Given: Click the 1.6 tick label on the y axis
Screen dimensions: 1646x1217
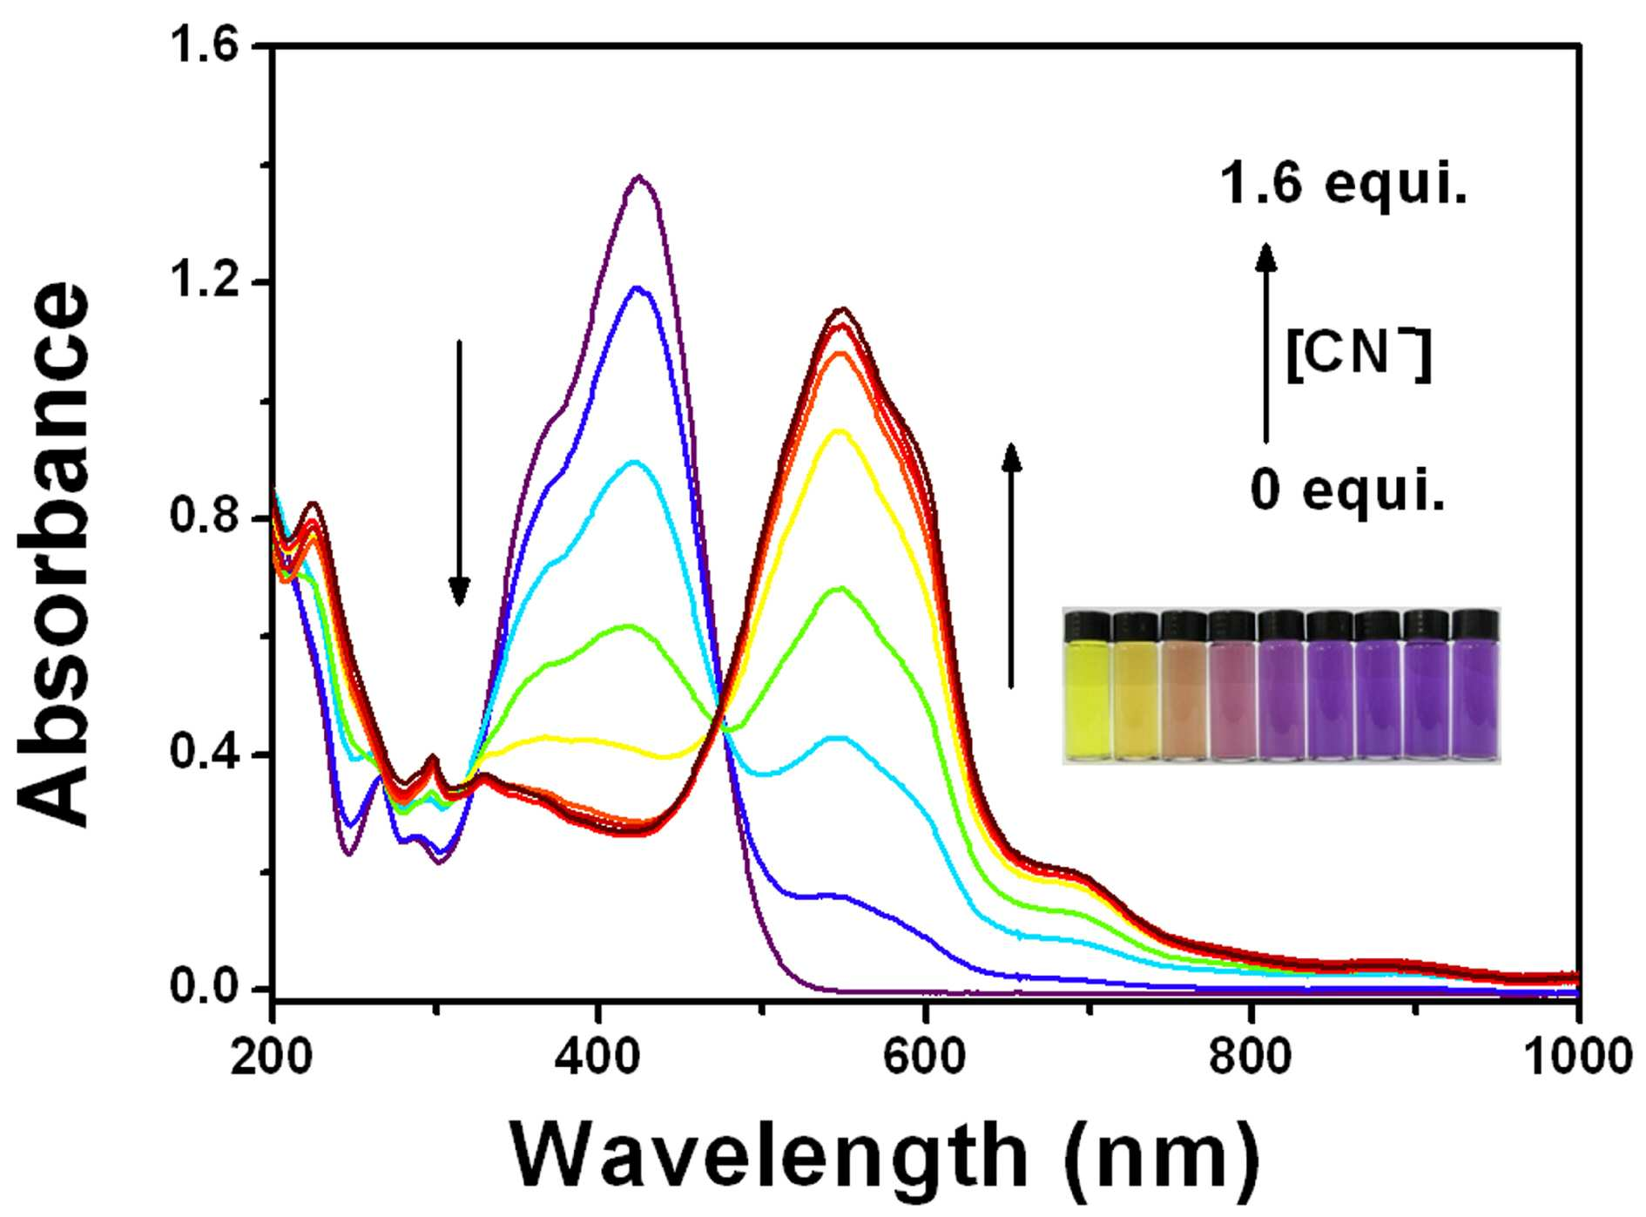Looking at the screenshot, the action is click(x=202, y=45).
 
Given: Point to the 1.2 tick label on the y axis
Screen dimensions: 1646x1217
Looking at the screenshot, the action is click(x=202, y=281).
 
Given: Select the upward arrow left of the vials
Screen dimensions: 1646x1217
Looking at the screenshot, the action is click(x=1011, y=565).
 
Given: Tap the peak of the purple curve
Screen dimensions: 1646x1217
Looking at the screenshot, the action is click(x=640, y=177).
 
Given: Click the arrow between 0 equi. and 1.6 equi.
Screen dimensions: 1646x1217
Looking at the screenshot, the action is click(x=1266, y=342).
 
